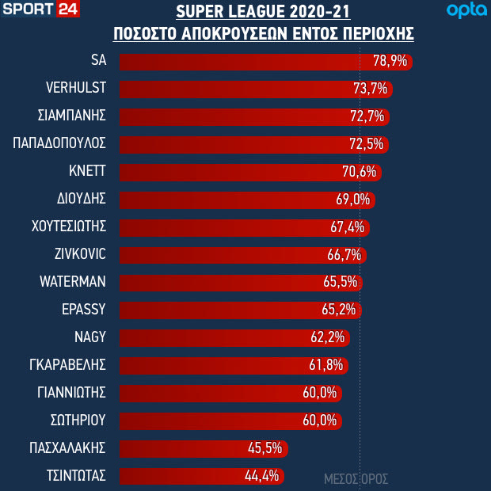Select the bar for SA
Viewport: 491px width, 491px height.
(265, 61)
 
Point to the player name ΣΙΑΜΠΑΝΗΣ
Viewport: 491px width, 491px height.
(71, 116)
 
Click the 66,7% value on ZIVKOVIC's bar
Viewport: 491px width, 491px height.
(344, 255)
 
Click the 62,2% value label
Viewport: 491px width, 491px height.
(327, 337)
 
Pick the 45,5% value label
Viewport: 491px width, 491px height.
(265, 448)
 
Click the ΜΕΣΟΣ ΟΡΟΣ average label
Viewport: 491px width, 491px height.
(356, 479)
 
